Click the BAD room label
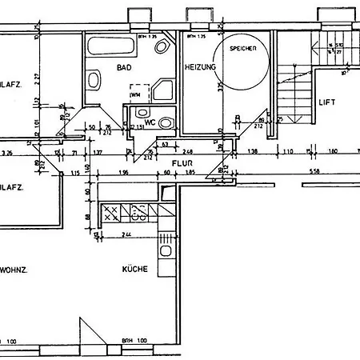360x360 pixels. [x=123, y=68]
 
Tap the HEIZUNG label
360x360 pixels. [x=200, y=67]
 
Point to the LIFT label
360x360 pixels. [x=326, y=103]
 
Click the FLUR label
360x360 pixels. [x=179, y=183]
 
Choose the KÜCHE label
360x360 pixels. [x=135, y=270]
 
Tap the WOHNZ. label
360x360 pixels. [x=14, y=270]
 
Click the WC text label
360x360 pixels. [x=149, y=122]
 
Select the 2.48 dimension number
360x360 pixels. [x=187, y=150]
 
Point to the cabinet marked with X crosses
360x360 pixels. [x=111, y=212]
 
